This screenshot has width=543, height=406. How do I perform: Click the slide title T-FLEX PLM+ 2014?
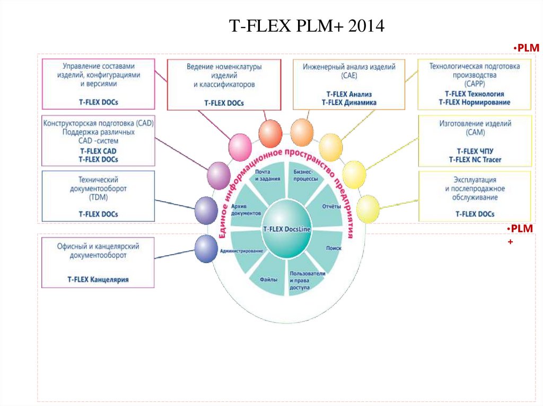pos(306,26)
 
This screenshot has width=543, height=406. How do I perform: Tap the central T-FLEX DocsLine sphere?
pos(287,229)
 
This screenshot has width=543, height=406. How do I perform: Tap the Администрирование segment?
pos(242,250)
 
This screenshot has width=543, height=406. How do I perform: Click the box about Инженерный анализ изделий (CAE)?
pos(349,84)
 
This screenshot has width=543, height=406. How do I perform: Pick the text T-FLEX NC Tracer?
pos(475,159)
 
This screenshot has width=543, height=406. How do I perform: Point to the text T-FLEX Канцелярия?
pos(98,279)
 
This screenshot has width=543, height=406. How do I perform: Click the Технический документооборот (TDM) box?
pos(98,196)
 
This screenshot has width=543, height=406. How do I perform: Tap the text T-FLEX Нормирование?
pos(475,102)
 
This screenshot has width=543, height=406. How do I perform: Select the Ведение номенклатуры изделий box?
pos(224,84)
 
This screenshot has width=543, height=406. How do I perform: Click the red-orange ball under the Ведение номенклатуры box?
pos(270,132)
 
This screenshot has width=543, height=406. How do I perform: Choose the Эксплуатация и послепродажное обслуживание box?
pos(475,196)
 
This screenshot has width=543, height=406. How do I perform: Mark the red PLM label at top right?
pos(527,48)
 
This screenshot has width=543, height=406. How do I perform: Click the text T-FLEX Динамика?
pos(349,102)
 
